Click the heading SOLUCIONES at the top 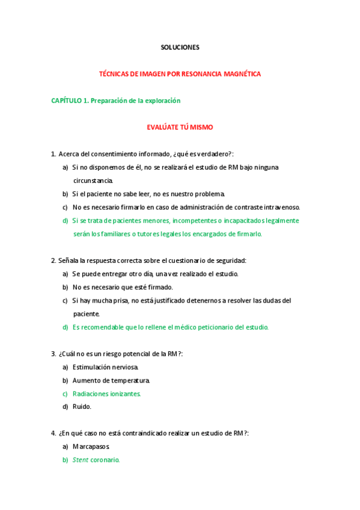(180, 47)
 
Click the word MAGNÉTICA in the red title (240, 74)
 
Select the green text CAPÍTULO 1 (69, 101)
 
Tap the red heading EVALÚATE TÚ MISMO (180, 127)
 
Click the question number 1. (53, 154)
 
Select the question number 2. (53, 260)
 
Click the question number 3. (53, 354)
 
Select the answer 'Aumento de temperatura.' (111, 380)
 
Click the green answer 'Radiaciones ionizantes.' (106, 393)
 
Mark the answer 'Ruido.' (82, 407)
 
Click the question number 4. (53, 433)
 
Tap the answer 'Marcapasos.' (91, 447)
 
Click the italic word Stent (80, 460)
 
